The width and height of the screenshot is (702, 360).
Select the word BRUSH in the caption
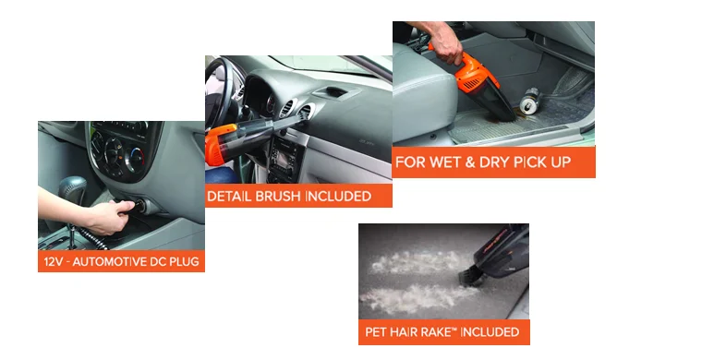coord(275,197)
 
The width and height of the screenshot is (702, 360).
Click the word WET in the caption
coord(445,162)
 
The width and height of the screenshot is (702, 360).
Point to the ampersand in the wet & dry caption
coord(469,162)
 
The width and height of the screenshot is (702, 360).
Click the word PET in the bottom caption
coord(375,331)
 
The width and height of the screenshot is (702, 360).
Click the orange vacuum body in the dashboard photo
coord(221,144)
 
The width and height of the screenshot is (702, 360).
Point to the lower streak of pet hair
coord(417,298)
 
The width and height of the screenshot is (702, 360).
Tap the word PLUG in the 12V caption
coord(185,261)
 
